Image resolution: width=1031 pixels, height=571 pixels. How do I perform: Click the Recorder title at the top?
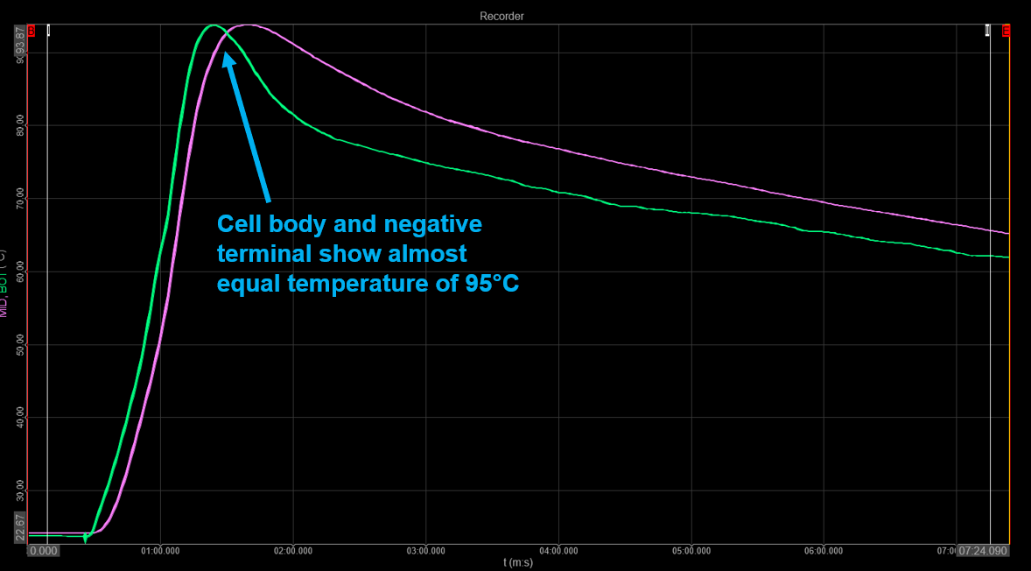pyautogui.click(x=501, y=16)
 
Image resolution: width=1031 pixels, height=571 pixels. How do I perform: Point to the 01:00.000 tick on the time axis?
pyautogui.click(x=159, y=551)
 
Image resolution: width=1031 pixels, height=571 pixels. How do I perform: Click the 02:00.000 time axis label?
pyautogui.click(x=292, y=551)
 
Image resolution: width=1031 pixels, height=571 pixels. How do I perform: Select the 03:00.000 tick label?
pyautogui.click(x=425, y=551)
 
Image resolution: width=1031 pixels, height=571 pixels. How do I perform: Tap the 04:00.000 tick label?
pyautogui.click(x=558, y=551)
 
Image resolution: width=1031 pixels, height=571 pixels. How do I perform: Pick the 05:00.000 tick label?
pyautogui.click(x=691, y=551)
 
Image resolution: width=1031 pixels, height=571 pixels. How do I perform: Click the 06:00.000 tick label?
pyautogui.click(x=824, y=551)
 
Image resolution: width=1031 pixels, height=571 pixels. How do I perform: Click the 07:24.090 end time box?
pyautogui.click(x=983, y=551)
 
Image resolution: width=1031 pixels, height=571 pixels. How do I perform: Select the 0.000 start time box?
pyautogui.click(x=44, y=551)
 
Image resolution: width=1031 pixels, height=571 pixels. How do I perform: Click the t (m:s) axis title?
pyautogui.click(x=517, y=562)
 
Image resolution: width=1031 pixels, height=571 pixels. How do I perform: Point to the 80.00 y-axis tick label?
pyautogui.click(x=22, y=125)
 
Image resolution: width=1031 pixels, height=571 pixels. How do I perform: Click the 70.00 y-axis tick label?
pyautogui.click(x=22, y=199)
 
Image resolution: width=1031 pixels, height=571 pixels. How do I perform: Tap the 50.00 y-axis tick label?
pyautogui.click(x=22, y=345)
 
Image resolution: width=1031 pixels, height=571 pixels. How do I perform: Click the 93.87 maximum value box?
pyautogui.click(x=21, y=40)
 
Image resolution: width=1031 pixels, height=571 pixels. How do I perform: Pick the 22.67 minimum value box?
pyautogui.click(x=21, y=526)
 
